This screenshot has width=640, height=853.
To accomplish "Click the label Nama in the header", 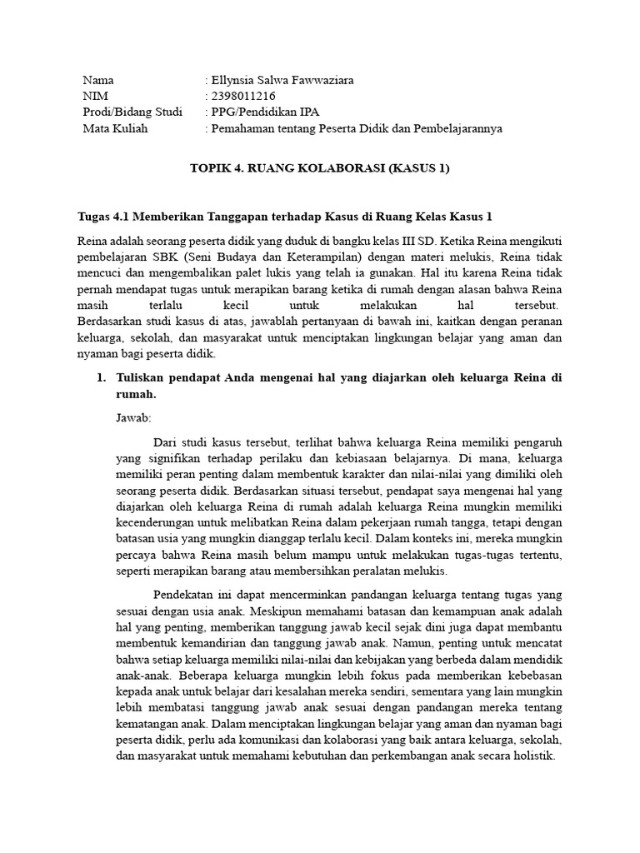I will tap(98, 81).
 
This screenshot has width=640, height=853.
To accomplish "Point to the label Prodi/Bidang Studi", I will tap(132, 112).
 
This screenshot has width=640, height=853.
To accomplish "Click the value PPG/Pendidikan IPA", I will tap(265, 112).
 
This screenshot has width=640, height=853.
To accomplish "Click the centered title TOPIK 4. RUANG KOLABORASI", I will tap(319, 168).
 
